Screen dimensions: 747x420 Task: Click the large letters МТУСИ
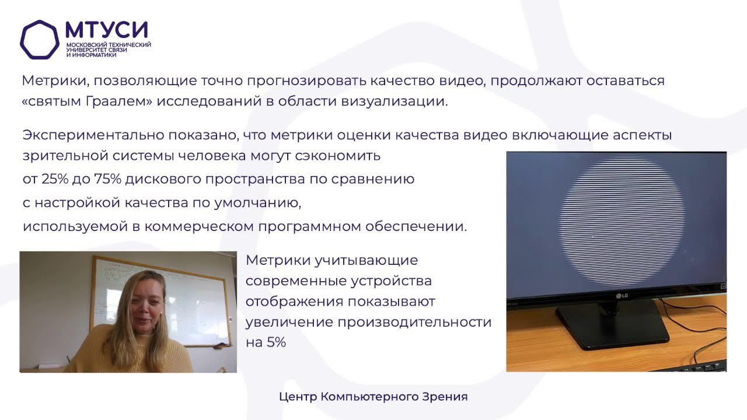click(107, 30)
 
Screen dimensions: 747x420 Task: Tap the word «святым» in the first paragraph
click(52, 101)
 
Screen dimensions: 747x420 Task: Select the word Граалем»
click(119, 101)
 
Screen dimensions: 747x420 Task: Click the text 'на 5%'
click(266, 342)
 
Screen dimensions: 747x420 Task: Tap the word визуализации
click(395, 101)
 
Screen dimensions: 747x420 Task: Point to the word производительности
click(414, 323)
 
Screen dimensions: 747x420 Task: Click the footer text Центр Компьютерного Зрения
click(373, 397)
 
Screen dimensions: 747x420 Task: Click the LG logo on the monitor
click(622, 296)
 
